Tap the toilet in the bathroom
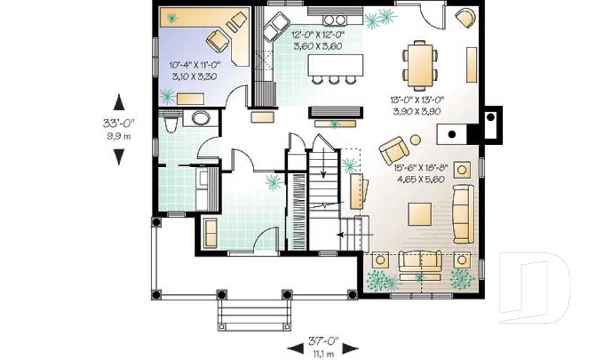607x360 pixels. tap(170, 123)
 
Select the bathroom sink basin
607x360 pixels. tap(201, 118)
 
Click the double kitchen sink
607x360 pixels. tap(276, 27)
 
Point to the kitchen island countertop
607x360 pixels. tap(335, 65)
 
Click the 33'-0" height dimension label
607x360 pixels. tap(118, 123)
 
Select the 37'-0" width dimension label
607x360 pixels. tap(323, 341)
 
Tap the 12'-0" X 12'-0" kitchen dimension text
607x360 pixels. tap(318, 34)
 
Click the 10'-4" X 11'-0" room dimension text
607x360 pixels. tap(194, 65)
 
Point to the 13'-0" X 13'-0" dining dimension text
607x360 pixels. tap(417, 99)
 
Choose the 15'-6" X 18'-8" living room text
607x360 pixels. tap(421, 168)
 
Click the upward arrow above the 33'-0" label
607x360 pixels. tap(119, 102)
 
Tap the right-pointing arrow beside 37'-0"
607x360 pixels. tap(350, 349)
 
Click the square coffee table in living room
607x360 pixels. tap(420, 214)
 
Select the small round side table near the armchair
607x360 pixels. tap(415, 139)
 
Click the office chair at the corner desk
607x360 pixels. tap(218, 40)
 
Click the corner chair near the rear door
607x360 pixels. tap(465, 18)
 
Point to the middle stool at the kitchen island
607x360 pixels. tap(333, 80)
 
